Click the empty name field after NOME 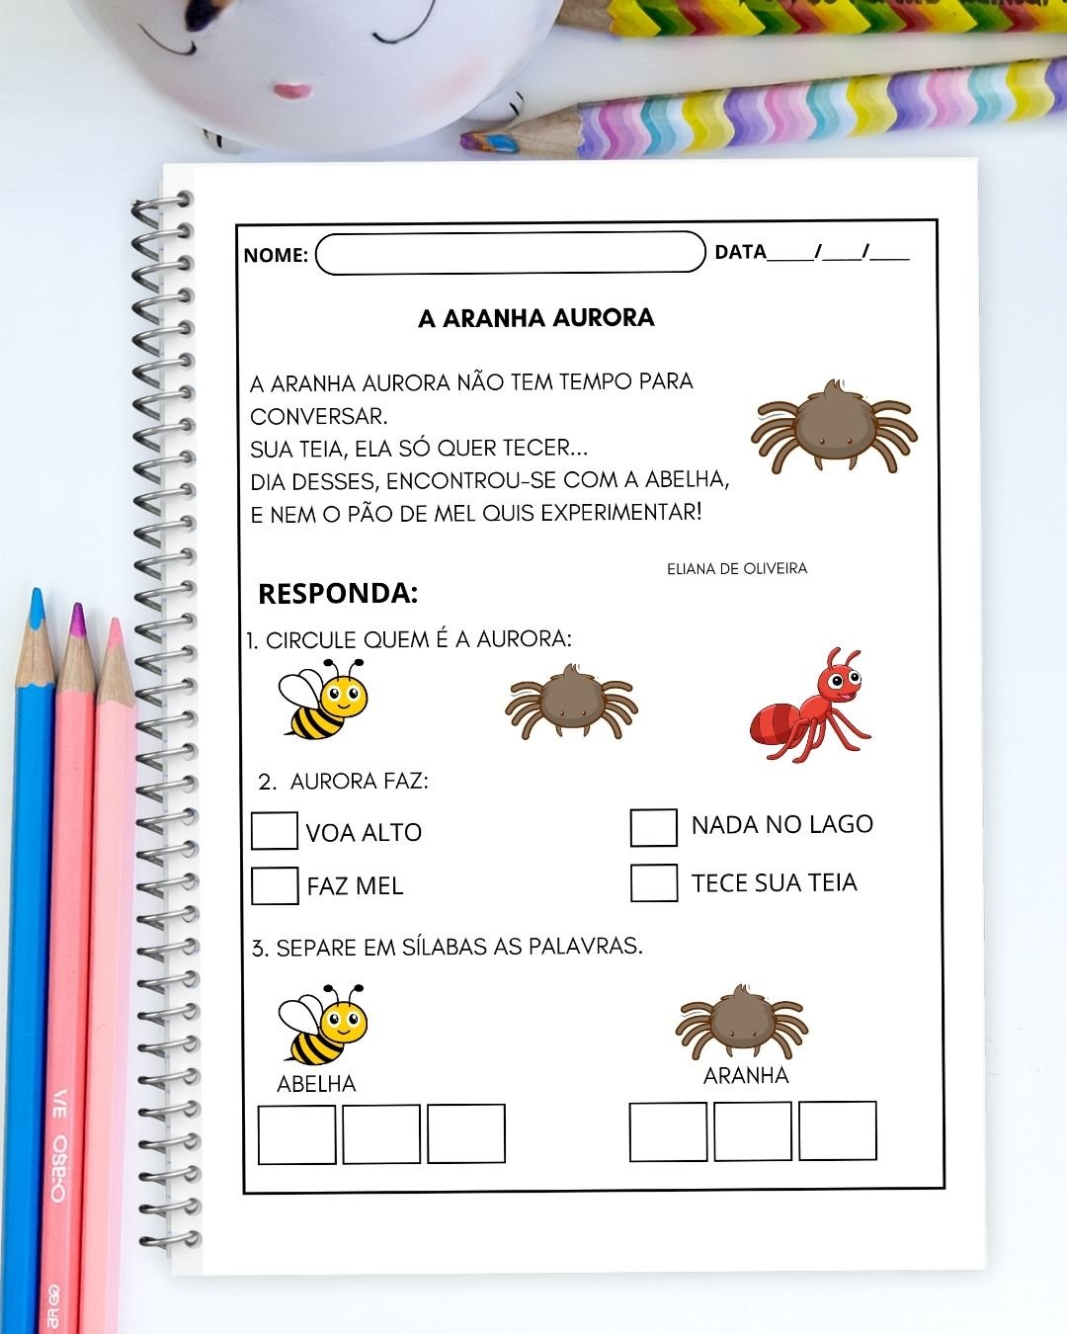pos(510,253)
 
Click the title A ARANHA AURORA pos(535,318)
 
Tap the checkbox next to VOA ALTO pos(274,831)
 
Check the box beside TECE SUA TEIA pos(653,882)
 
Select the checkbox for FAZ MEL pos(274,885)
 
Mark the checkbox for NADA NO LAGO pos(653,828)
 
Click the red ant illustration pos(810,707)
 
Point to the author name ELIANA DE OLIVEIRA pos(736,569)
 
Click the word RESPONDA pos(338,594)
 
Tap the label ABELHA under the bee pos(316,1084)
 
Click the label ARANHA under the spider pos(746,1076)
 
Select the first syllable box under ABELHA pos(296,1134)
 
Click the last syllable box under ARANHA pos(837,1131)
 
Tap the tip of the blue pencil pos(37,597)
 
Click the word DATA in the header pos(740,252)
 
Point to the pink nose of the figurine pos(291,91)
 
